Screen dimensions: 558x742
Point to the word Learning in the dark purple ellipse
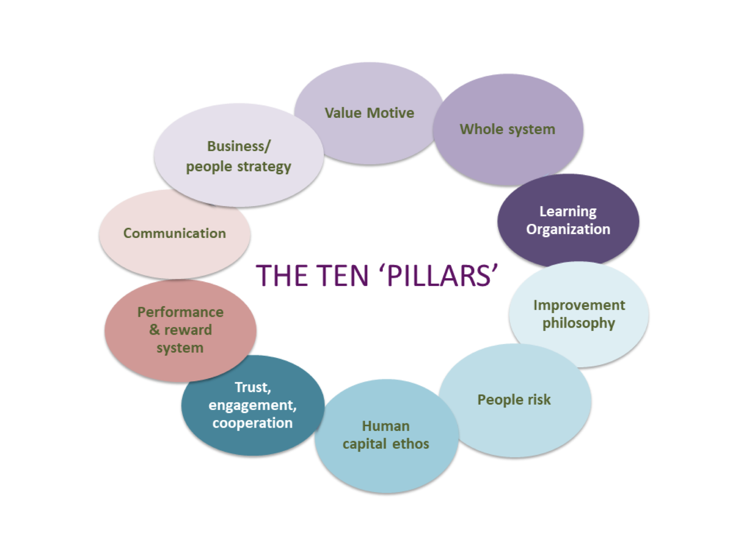point(567,211)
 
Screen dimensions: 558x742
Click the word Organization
point(568,229)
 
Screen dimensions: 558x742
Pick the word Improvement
point(579,305)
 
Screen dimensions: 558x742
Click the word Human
point(386,426)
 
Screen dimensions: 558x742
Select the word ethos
point(410,444)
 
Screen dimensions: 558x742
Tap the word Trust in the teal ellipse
point(252,387)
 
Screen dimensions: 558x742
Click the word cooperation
point(252,423)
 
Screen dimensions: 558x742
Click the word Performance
point(180,312)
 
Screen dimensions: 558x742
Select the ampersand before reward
point(154,329)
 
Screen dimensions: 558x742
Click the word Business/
point(238,146)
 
